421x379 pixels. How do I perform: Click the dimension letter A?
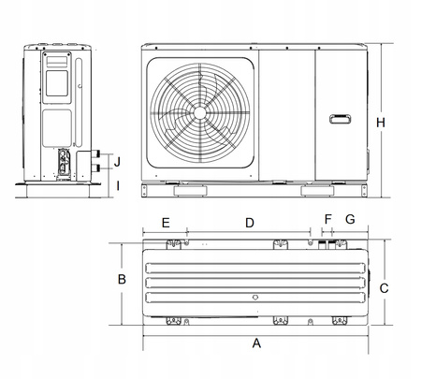click(x=256, y=343)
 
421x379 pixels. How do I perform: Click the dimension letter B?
click(x=122, y=280)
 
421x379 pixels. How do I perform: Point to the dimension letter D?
click(x=250, y=223)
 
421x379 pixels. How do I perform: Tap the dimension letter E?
click(x=165, y=223)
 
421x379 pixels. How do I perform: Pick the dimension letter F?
click(x=327, y=220)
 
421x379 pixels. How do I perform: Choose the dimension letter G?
click(x=350, y=220)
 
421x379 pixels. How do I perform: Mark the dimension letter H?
click(x=381, y=123)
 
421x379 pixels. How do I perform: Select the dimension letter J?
click(x=117, y=161)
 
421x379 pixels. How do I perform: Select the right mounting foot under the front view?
click(x=315, y=192)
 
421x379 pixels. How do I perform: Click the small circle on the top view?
click(x=254, y=299)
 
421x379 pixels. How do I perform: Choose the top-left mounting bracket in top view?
click(x=173, y=244)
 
